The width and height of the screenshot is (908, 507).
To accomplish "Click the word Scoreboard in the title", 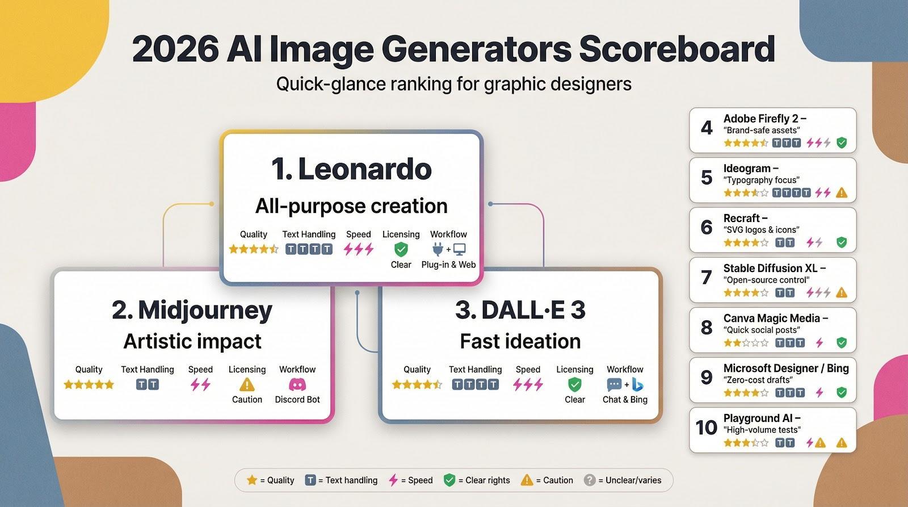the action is click(676, 49).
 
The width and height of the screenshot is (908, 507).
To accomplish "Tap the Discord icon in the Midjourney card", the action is click(297, 384).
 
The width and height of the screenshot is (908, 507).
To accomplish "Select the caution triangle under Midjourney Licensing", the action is click(247, 384).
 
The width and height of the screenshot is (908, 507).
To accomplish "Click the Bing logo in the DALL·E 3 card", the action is click(638, 384).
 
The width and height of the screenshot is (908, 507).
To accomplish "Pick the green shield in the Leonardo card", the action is click(401, 249).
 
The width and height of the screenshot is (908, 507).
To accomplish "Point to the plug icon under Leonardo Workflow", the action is click(438, 249).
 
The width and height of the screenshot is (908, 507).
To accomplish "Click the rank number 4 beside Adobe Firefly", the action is click(707, 128).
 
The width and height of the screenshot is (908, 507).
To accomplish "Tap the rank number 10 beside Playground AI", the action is click(706, 428).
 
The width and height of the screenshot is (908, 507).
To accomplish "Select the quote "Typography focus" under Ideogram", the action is click(762, 180).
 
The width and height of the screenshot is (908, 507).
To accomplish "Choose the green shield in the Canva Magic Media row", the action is click(842, 343).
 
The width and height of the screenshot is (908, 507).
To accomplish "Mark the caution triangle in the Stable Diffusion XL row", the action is click(842, 292).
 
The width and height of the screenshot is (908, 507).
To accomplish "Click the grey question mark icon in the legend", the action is click(590, 480).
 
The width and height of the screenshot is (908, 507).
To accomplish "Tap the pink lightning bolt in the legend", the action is click(393, 480).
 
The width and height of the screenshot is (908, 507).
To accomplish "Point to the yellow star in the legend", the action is click(252, 480).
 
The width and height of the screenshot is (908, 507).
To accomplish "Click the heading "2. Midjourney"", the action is click(192, 311).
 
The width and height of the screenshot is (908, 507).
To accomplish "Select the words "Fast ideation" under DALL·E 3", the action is click(520, 341).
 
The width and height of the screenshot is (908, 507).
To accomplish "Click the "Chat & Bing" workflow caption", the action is click(625, 400).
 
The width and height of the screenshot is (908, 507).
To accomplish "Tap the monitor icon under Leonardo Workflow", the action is click(459, 249).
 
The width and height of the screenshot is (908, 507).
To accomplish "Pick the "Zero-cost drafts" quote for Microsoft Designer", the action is click(758, 380).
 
